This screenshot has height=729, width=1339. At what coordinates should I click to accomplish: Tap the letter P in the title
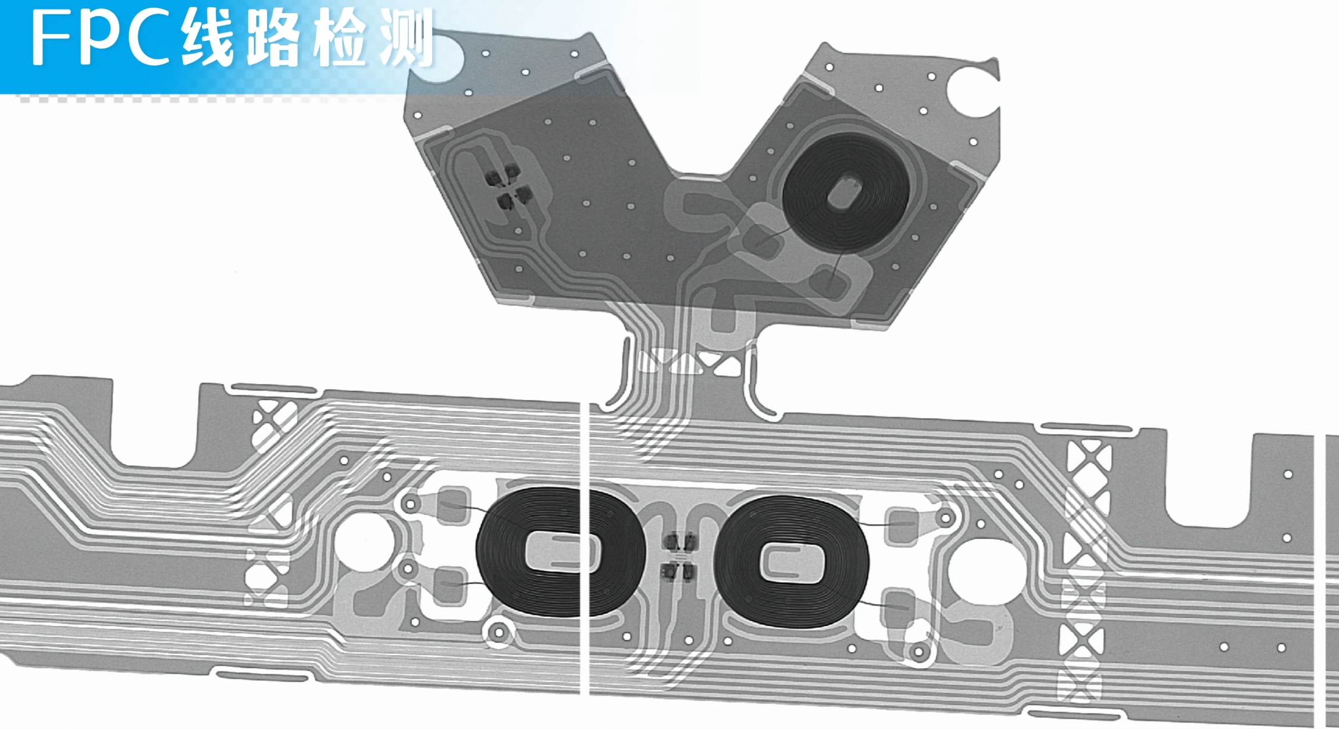tap(104, 39)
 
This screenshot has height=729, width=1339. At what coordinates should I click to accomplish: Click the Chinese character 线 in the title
tap(206, 39)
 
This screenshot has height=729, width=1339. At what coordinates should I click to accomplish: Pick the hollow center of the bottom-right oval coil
tap(792, 563)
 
